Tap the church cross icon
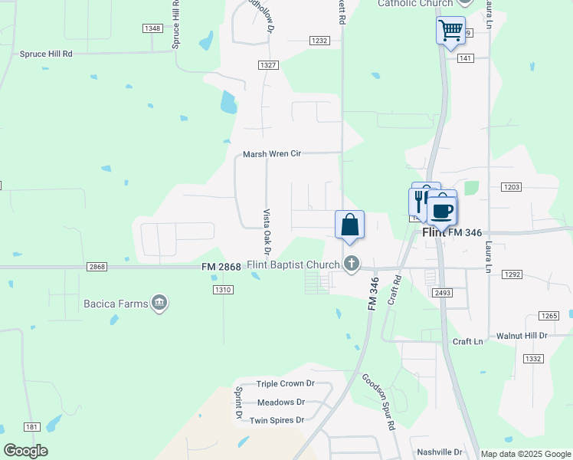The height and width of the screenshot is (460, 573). coord(352,264)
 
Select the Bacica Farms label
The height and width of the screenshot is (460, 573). coord(116,304)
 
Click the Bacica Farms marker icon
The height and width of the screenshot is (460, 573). coord(159,304)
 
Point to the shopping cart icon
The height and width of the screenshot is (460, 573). coord(450,31)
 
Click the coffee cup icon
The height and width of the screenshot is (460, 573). coord(442,209)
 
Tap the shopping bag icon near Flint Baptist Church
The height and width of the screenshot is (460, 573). coord(349,225)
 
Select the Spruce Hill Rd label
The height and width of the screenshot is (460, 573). coord(46,54)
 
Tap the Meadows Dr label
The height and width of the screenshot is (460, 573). coord(281,402)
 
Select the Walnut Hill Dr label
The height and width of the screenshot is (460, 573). coord(522,336)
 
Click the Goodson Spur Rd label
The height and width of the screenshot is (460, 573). coord(378,402)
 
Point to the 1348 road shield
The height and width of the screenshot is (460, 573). coord(152,28)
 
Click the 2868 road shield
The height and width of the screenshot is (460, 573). coord(97,267)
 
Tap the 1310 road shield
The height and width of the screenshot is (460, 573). coord(223,289)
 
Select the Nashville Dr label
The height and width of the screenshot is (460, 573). coord(440,452)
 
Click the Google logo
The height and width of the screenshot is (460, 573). coord(25,451)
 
